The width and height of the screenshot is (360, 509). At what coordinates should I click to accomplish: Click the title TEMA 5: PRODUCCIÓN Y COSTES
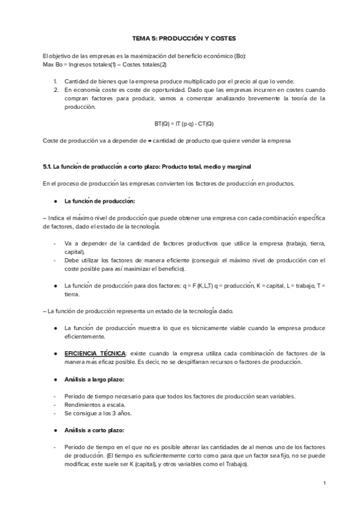180,37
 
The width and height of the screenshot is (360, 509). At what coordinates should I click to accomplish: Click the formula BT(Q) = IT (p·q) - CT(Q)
180,124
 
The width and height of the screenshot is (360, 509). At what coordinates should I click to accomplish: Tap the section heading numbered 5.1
143,166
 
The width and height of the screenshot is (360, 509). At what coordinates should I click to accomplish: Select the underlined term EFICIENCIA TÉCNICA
92,354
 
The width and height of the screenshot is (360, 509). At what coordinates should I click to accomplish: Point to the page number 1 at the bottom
324,483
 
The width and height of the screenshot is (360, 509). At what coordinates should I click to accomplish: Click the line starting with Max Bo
101,64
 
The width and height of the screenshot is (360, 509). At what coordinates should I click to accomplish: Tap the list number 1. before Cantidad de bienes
55,81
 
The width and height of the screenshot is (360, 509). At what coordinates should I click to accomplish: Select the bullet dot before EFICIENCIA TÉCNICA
55,354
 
